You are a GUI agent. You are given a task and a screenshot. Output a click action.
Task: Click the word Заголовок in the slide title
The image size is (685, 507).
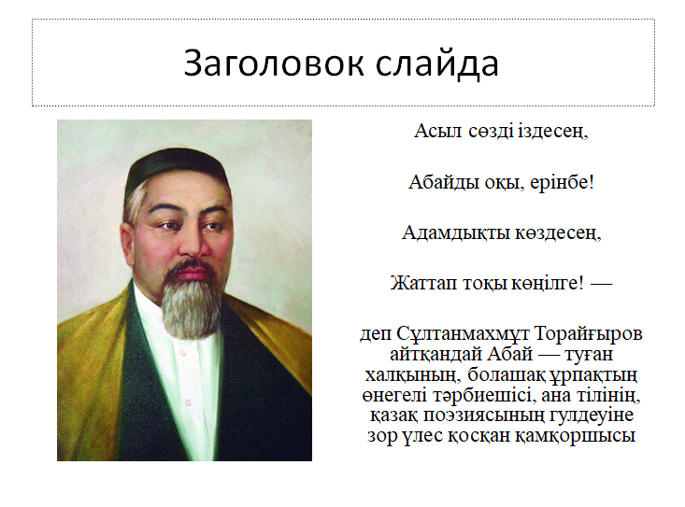pos(274,63)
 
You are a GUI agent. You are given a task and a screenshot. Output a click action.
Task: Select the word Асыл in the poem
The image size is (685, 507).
pos(437,131)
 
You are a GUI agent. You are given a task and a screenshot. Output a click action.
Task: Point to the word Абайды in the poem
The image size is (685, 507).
pos(444,182)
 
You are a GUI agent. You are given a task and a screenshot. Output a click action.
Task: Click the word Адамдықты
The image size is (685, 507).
pos(456,232)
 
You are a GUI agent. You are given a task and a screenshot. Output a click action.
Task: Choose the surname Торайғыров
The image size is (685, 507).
pos(589,334)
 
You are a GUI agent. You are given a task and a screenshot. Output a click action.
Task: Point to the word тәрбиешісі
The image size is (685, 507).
pos(483,396)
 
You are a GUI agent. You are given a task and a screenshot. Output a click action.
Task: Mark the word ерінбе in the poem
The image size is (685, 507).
pos(562,183)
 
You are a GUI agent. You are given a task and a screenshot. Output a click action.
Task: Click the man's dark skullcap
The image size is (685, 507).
pos(177,168)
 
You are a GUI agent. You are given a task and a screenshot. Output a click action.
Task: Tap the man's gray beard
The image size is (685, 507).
pos(192,305)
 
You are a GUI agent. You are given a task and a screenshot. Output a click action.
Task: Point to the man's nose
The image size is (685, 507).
pos(191,245)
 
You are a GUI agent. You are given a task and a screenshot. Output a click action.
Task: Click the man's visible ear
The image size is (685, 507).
pos(128,244)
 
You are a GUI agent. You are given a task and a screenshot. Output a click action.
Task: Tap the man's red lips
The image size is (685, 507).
pos(191,274)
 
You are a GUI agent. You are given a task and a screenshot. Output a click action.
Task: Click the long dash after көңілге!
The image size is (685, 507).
pos(601,284)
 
